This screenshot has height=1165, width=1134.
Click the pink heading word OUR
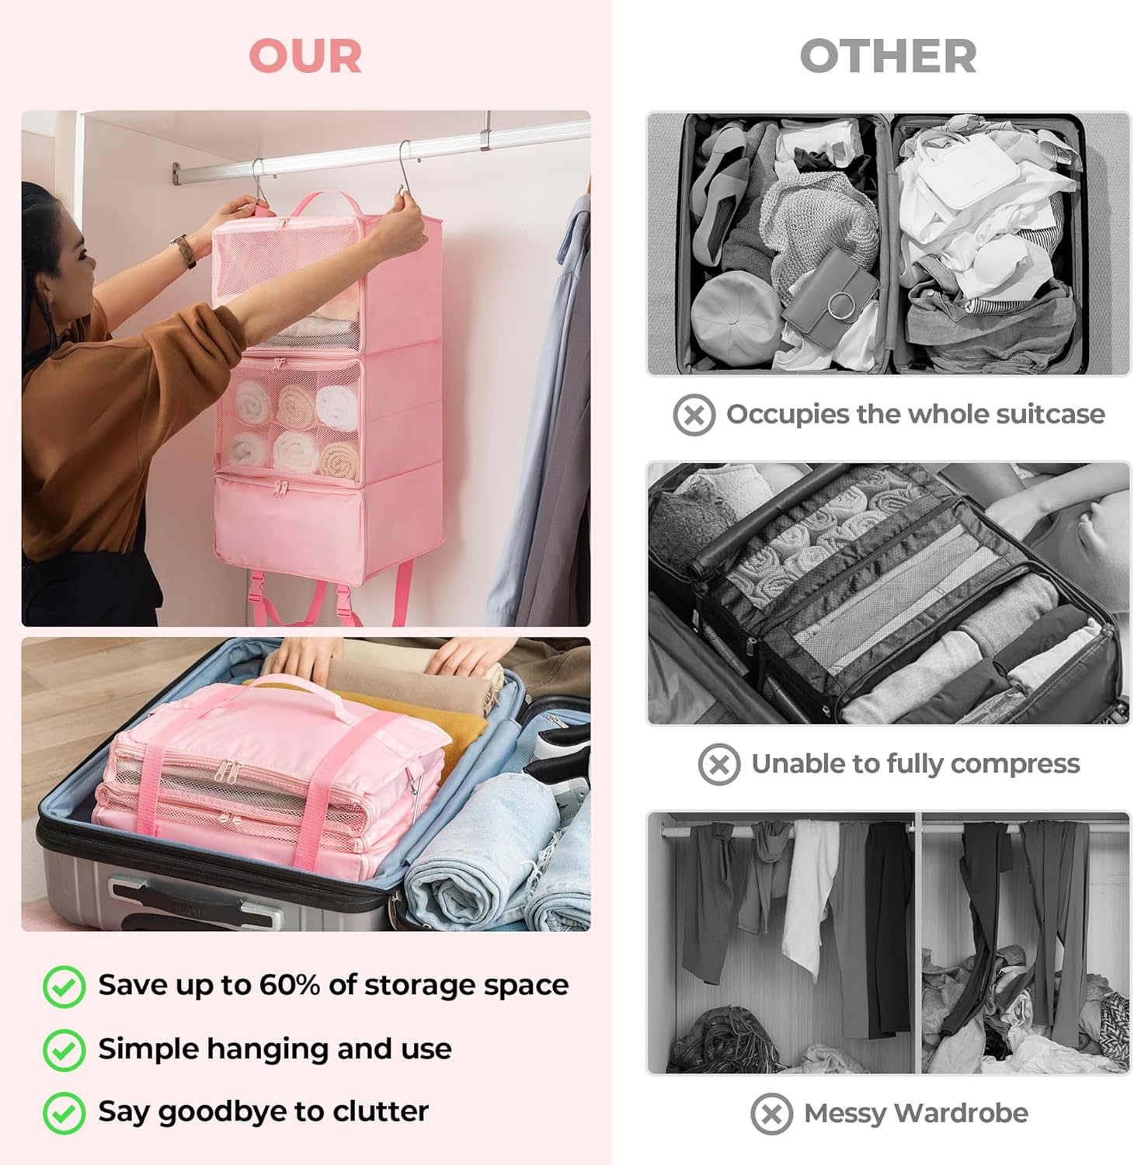[x=305, y=56]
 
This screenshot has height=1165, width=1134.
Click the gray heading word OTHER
[x=888, y=56]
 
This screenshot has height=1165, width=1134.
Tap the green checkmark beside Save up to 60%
[x=64, y=986]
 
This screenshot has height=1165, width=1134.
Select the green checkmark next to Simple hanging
[x=64, y=1050]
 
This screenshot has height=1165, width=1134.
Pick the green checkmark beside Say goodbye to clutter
[x=64, y=1113]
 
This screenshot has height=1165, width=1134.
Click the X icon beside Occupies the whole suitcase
[x=694, y=415]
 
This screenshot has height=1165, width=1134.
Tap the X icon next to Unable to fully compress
[x=719, y=764]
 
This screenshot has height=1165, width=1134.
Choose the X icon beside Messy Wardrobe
[x=772, y=1114]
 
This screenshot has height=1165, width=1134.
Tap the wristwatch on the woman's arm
[x=184, y=251]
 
